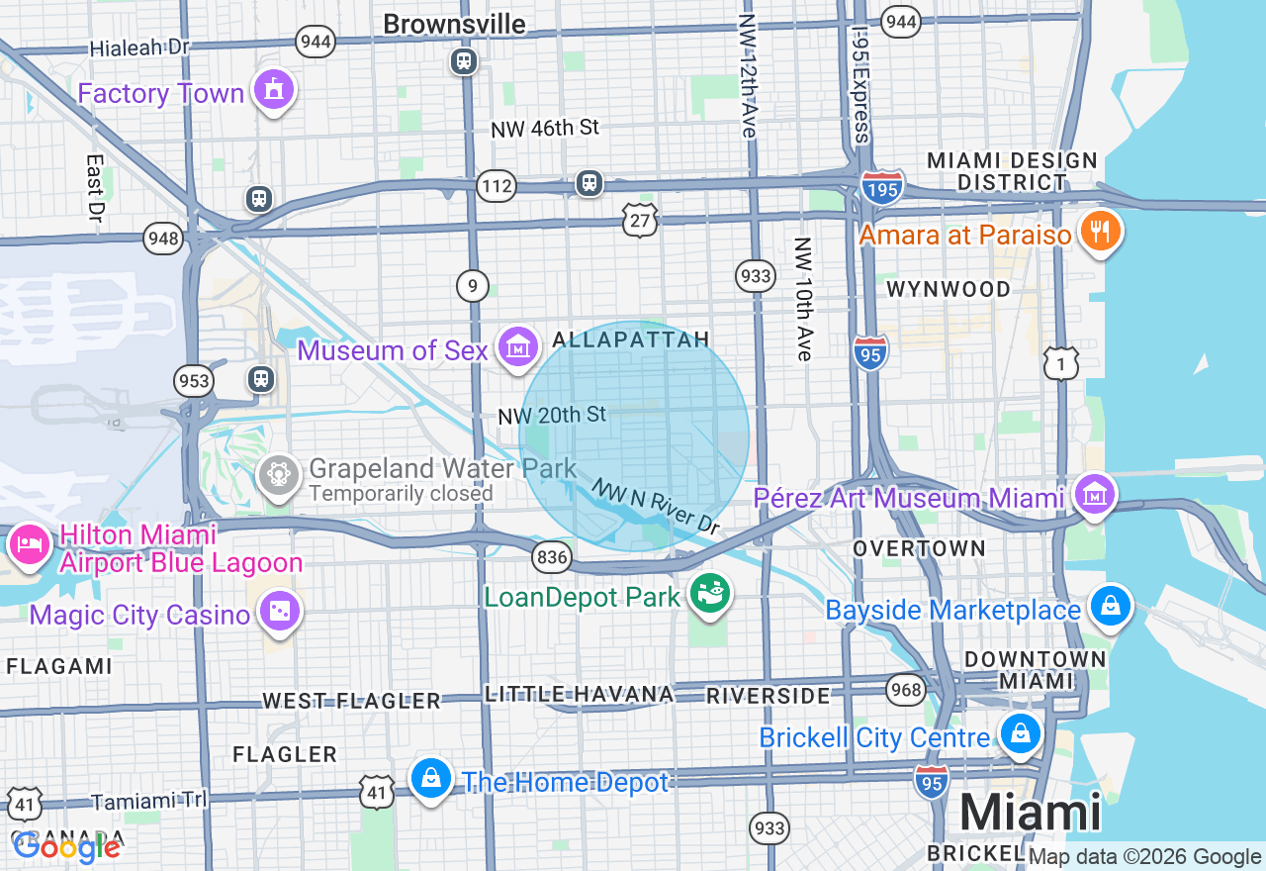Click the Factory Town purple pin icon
click(x=274, y=91)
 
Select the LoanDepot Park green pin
click(x=710, y=594)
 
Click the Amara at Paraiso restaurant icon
click(x=1099, y=232)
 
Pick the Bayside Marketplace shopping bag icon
click(x=1111, y=605)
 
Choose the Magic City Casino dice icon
click(x=280, y=612)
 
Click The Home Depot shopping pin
click(x=431, y=779)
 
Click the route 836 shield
click(x=551, y=557)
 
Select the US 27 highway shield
click(x=640, y=221)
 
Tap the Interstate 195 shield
click(x=880, y=187)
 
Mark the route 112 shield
click(x=496, y=185)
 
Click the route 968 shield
click(x=906, y=690)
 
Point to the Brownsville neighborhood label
click(x=454, y=24)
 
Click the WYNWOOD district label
click(x=949, y=289)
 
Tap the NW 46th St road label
click(x=545, y=128)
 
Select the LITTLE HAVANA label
click(x=579, y=694)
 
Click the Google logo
click(x=66, y=846)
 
